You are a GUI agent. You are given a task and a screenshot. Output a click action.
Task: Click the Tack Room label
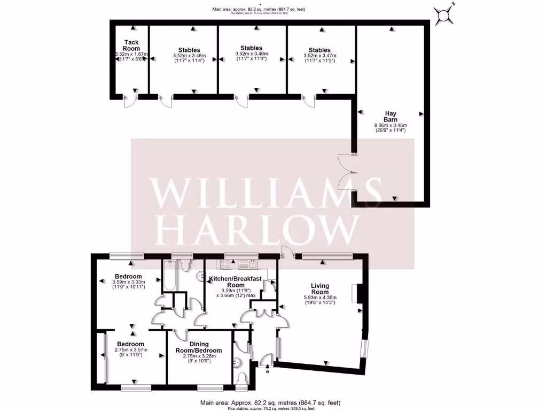click(x=131, y=45)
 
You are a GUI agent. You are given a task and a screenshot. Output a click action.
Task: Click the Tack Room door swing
click(x=130, y=102)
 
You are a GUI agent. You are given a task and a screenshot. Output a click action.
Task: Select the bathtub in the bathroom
click(x=169, y=275)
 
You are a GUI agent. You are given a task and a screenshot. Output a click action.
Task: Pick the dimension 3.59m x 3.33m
click(x=128, y=283)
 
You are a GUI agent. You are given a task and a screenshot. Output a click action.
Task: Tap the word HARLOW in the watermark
click(x=265, y=229)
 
